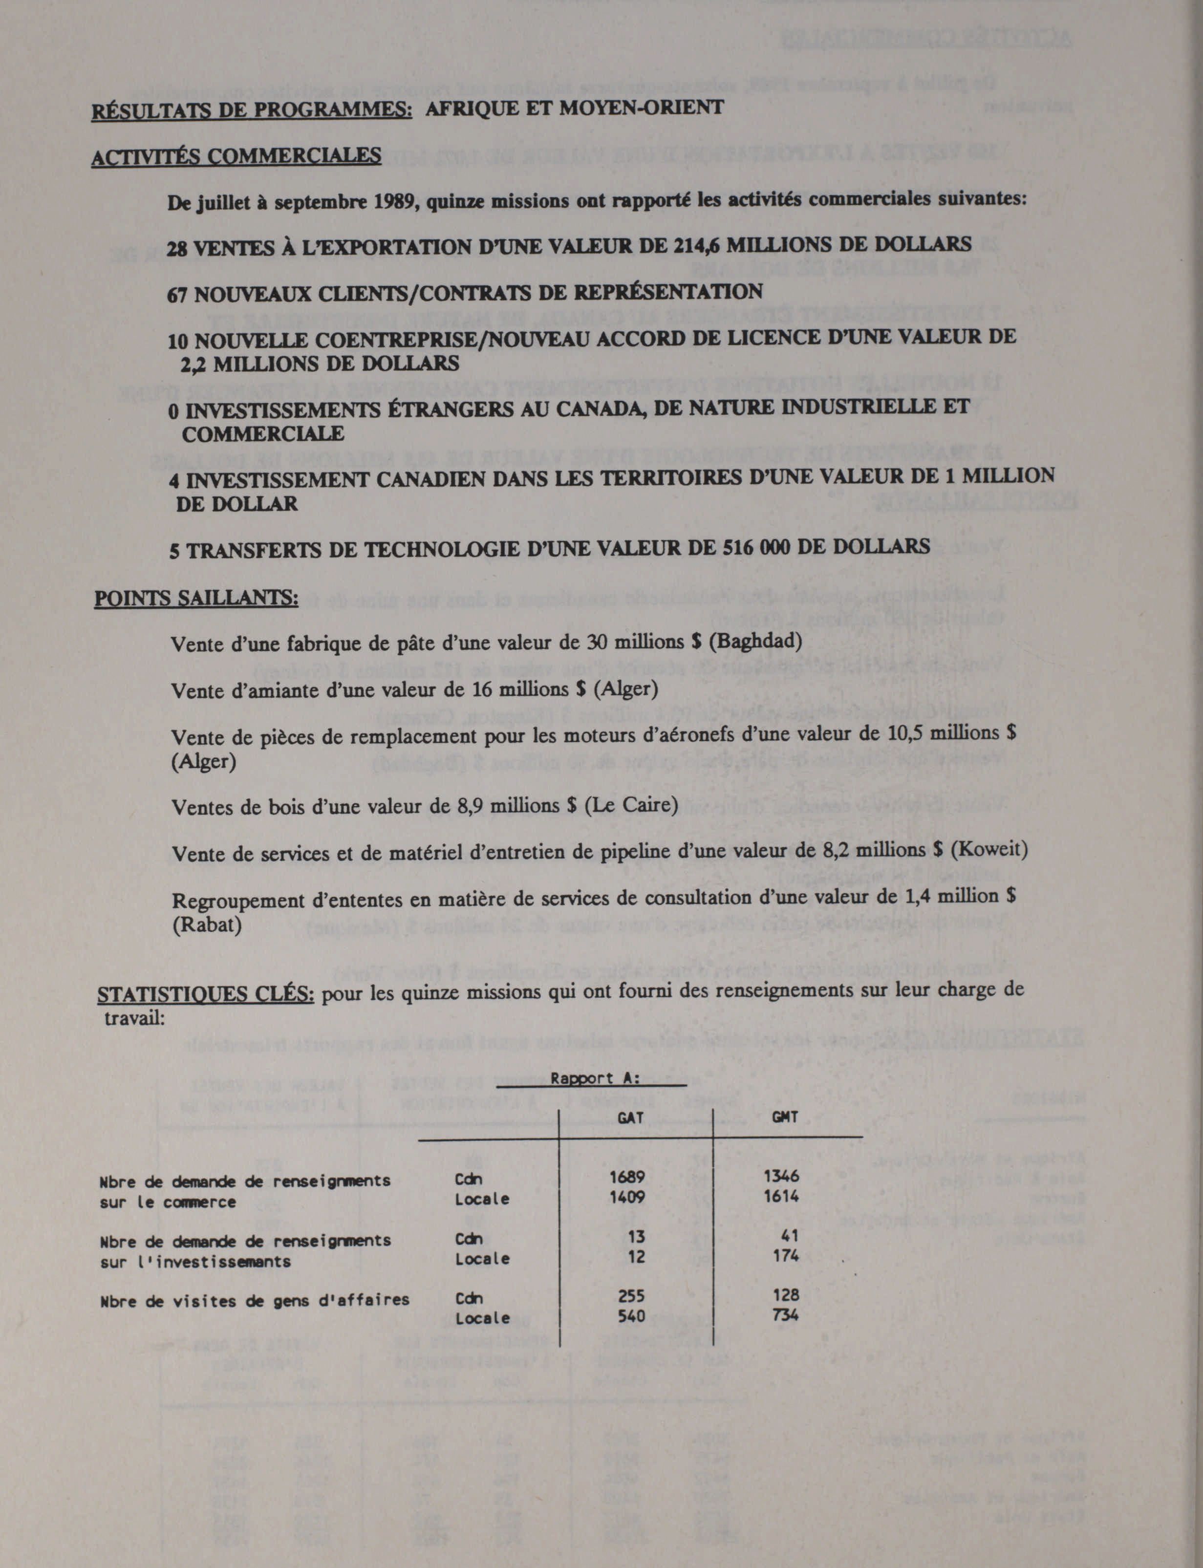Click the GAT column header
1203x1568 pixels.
coord(630,1117)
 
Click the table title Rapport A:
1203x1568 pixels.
coord(591,1079)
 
